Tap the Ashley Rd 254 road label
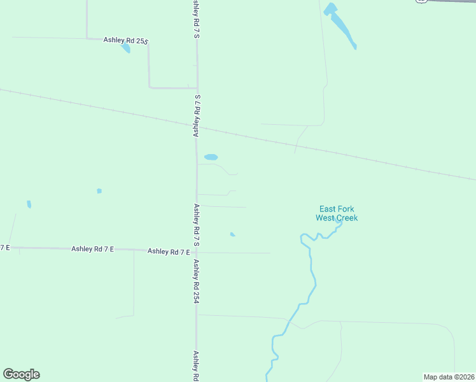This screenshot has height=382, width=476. tap(197, 280)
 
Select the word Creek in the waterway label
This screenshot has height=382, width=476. tap(347, 218)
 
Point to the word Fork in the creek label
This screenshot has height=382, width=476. tap(346, 209)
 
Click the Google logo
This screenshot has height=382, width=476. tap(21, 374)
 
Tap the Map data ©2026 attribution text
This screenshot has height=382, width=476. tap(449, 376)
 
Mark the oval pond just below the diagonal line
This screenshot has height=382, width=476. tap(211, 157)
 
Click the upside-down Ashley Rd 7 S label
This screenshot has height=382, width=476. tap(197, 115)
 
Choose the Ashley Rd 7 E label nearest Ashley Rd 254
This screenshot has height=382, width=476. tap(169, 251)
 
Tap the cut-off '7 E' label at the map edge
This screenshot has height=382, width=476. tap(5, 247)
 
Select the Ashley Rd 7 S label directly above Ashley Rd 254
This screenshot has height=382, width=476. tap(197, 225)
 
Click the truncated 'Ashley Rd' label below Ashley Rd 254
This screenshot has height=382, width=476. tap(196, 365)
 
